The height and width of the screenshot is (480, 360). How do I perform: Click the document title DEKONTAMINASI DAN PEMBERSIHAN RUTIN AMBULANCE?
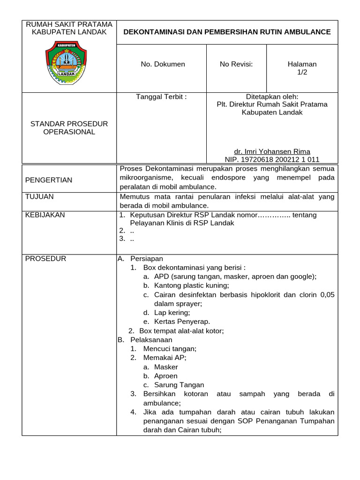click(x=227, y=32)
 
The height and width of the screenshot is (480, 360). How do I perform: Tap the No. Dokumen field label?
click(x=163, y=64)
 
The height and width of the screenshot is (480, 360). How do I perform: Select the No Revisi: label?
click(x=236, y=64)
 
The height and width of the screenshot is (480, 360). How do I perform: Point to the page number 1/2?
click(x=302, y=72)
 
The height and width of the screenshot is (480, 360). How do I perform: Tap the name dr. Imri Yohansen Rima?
click(x=272, y=151)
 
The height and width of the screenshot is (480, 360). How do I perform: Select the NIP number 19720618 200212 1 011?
click(x=272, y=159)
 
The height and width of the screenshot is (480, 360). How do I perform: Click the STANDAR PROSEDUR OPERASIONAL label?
click(x=69, y=127)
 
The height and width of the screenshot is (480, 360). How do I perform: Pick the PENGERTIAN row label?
click(x=49, y=180)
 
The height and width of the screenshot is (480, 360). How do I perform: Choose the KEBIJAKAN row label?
click(x=45, y=215)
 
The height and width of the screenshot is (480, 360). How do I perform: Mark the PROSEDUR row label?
click(x=45, y=259)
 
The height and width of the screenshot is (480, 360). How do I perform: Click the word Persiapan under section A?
click(x=147, y=259)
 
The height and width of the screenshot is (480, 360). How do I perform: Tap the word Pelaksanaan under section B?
click(x=151, y=340)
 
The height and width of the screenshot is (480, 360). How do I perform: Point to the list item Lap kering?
click(x=172, y=313)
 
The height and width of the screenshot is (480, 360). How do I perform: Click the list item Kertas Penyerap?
click(x=182, y=322)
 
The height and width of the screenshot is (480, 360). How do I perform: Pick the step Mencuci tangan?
click(x=170, y=349)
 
